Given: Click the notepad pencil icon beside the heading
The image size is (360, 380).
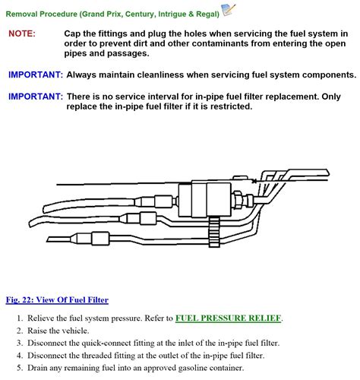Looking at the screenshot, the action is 229,10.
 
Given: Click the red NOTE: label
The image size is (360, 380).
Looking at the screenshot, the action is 22,33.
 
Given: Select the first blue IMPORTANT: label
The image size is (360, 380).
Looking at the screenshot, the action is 36,75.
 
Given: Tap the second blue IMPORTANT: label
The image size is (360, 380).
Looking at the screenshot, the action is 36,97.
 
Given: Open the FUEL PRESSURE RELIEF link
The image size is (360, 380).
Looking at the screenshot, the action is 229,318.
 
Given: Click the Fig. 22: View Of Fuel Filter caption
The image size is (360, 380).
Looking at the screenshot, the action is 57,300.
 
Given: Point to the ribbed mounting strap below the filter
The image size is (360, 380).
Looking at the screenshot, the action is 214,232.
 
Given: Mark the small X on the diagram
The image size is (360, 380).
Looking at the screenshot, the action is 254,181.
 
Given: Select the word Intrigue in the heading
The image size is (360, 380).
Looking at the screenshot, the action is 172,14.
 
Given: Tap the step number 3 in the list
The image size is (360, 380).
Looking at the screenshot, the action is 19,344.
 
